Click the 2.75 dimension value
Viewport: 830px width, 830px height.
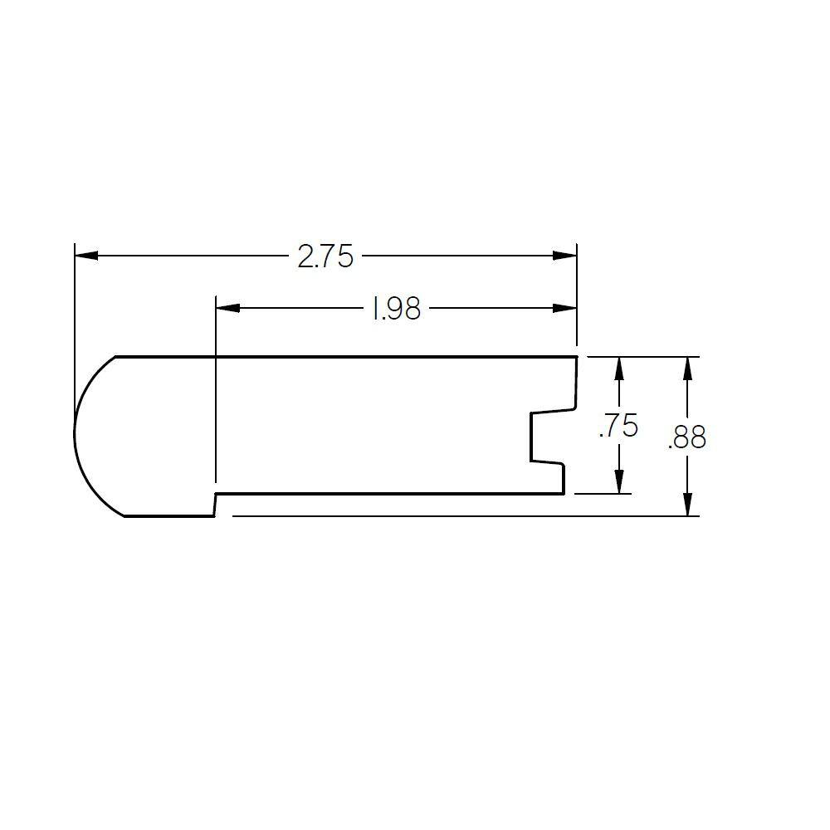click(x=325, y=257)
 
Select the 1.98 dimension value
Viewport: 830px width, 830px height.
click(x=395, y=310)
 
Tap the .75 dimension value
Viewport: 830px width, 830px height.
click(x=618, y=427)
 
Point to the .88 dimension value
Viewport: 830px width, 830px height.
click(x=686, y=437)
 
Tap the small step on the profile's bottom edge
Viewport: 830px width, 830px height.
click(x=216, y=505)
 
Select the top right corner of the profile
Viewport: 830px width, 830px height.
click(x=576, y=357)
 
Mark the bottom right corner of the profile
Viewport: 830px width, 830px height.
click(x=564, y=494)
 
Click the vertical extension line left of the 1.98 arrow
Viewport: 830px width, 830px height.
click(x=216, y=390)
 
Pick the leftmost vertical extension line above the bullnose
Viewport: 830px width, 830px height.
click(x=75, y=332)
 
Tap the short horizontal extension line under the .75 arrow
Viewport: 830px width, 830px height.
click(x=603, y=494)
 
